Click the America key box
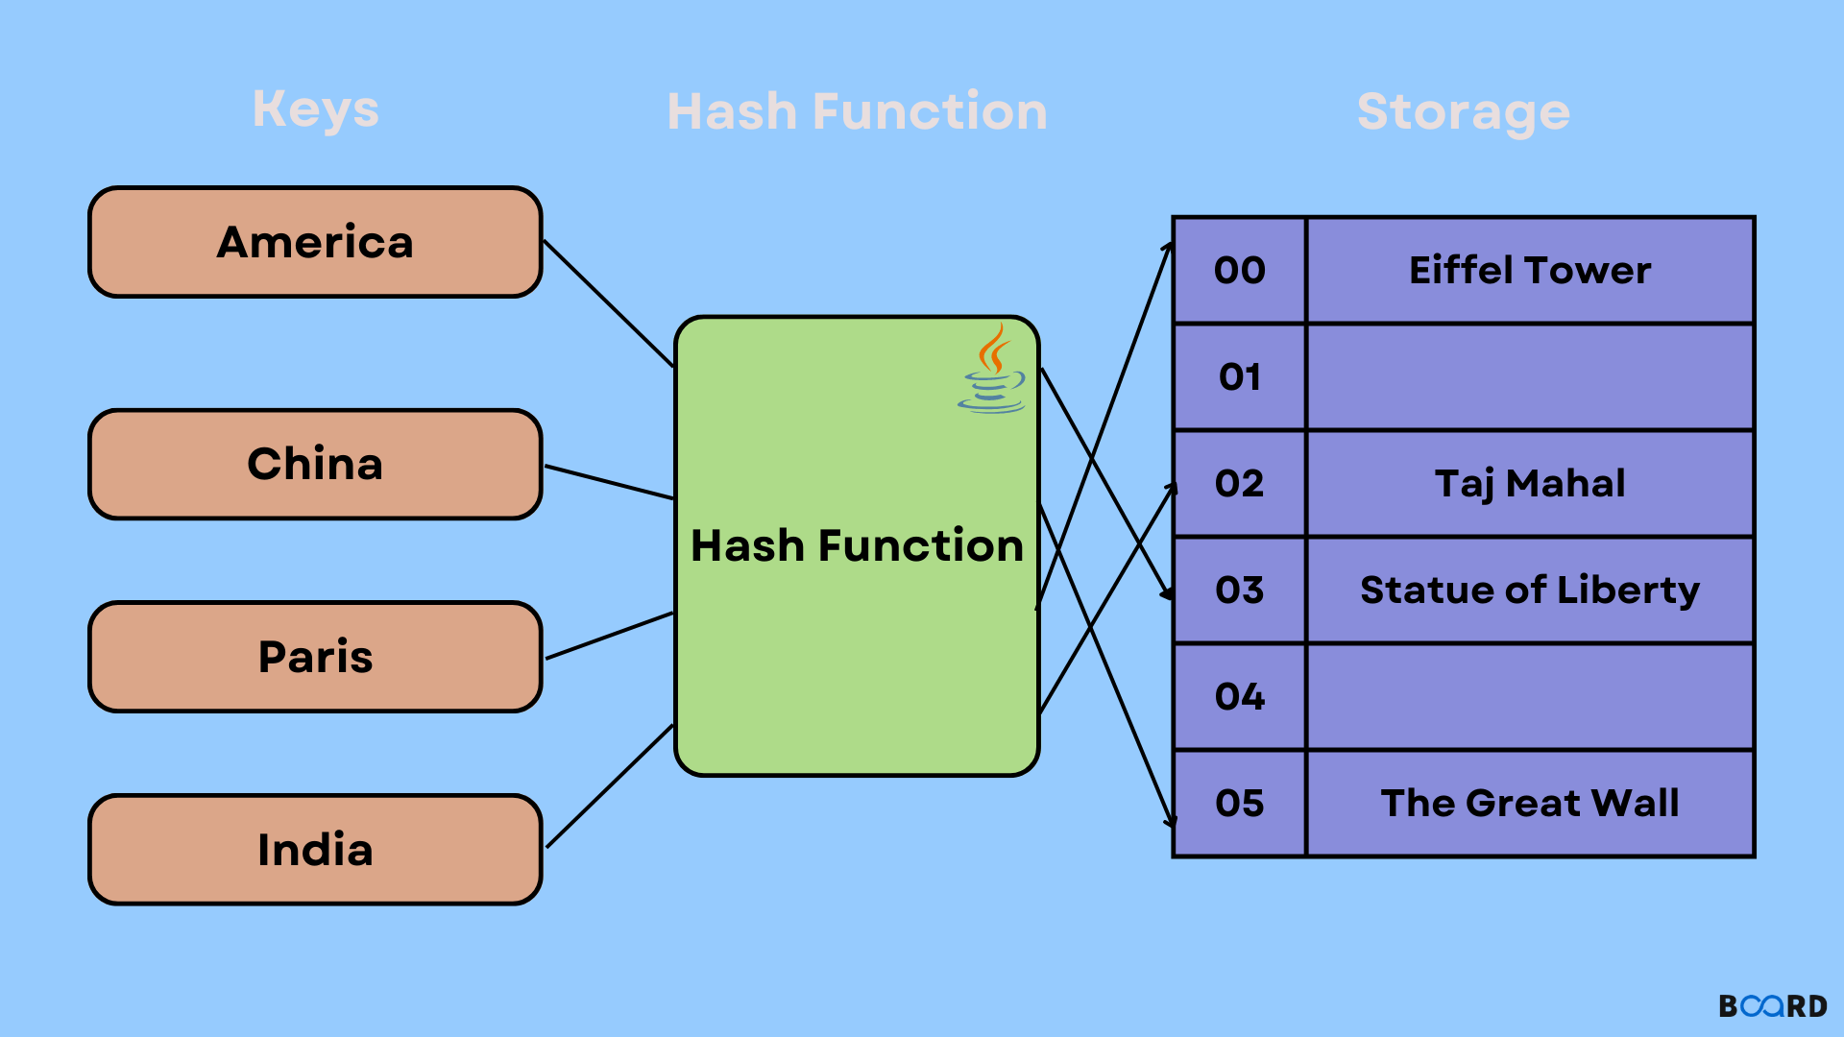coord(315,242)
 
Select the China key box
coord(315,465)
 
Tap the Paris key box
coord(315,658)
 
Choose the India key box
coord(315,850)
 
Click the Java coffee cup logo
coord(993,371)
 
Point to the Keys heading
coord(315,110)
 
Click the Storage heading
coord(1463,112)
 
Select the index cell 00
coord(1240,271)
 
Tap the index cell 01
coord(1240,377)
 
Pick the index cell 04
coord(1240,697)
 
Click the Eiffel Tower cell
coord(1530,271)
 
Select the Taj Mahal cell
coord(1530,484)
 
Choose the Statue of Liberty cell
coord(1530,591)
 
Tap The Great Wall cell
coord(1530,804)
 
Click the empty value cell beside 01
coord(1530,377)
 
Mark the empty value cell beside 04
coord(1530,697)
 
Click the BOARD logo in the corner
coord(1773,1005)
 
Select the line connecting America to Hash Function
coord(609,303)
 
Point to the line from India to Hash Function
coord(610,786)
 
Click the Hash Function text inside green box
coord(857,545)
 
